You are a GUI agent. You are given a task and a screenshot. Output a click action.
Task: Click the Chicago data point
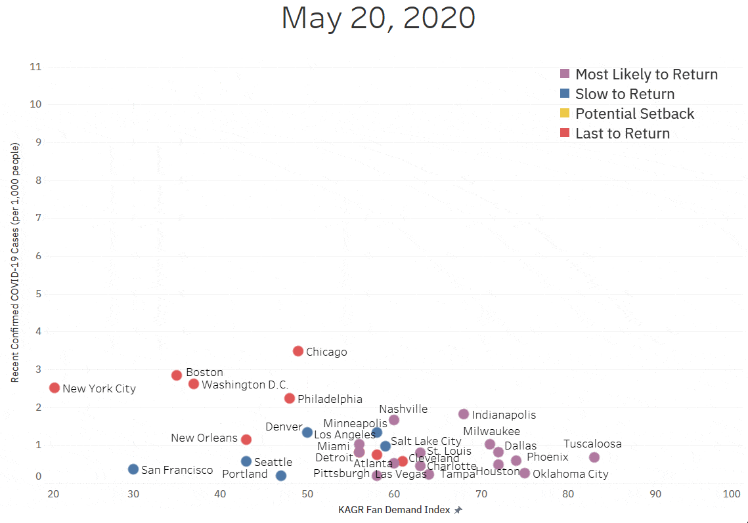[298, 351]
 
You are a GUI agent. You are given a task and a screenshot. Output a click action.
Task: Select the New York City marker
[55, 388]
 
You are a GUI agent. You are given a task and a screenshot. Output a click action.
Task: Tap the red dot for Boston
[177, 375]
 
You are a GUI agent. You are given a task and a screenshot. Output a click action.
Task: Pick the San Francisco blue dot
[133, 469]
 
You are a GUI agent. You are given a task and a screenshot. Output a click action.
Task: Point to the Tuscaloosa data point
[594, 457]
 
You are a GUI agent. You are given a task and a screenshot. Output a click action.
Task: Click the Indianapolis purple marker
[464, 414]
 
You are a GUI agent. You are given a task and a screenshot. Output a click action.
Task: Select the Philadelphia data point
[290, 398]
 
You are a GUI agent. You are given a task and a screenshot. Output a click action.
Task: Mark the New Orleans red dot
[246, 439]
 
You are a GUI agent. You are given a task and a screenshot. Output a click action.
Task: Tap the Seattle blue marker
[246, 461]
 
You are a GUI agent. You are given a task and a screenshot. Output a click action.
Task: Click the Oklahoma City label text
[570, 474]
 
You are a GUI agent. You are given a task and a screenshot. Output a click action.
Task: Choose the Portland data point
[281, 475]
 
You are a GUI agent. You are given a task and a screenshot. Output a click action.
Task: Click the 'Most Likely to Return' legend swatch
[565, 74]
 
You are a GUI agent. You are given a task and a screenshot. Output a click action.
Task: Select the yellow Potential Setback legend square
[565, 114]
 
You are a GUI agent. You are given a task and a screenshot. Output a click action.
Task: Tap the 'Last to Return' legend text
[622, 133]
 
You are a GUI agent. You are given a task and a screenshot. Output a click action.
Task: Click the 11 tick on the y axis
[35, 67]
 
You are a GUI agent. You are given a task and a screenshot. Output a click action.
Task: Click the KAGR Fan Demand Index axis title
[395, 509]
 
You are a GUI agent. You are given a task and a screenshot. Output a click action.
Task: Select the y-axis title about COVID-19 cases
[14, 262]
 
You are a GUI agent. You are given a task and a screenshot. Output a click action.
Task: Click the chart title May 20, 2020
[378, 18]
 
